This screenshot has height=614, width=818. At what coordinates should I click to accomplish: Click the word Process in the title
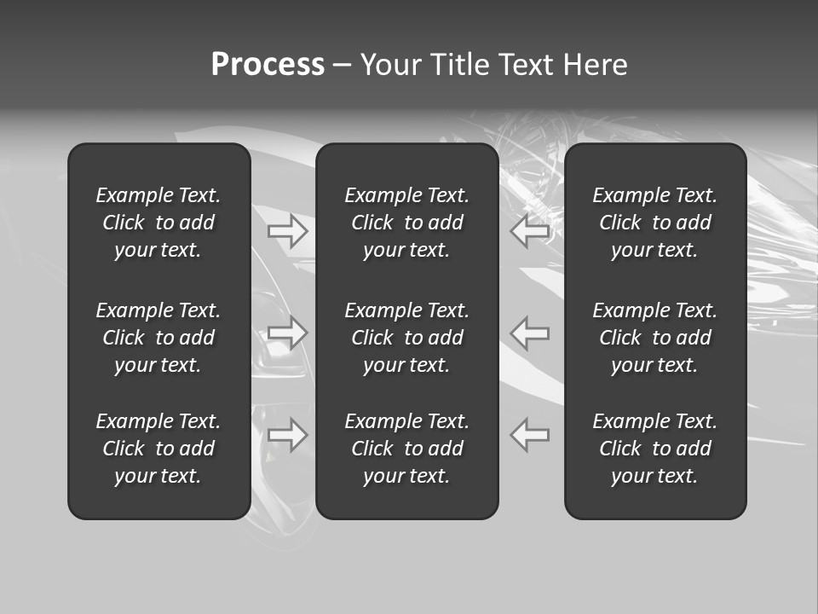click(x=268, y=65)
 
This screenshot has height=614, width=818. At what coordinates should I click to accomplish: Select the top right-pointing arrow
click(x=288, y=230)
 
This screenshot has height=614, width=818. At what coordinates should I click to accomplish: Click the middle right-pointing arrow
click(x=288, y=333)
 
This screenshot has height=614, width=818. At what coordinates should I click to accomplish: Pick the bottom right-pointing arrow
click(x=288, y=435)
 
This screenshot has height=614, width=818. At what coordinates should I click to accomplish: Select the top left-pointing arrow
click(x=530, y=230)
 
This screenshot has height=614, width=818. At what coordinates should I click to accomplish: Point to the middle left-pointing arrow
click(x=530, y=333)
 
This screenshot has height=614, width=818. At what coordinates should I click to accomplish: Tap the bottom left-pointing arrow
click(x=530, y=435)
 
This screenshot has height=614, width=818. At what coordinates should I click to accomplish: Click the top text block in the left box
click(x=158, y=223)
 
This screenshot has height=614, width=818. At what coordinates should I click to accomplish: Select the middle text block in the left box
click(x=158, y=338)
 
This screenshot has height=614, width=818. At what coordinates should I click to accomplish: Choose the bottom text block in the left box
click(x=158, y=449)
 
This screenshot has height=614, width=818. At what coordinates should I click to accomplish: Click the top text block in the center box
click(x=407, y=223)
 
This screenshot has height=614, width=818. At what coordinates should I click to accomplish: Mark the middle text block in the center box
click(x=407, y=338)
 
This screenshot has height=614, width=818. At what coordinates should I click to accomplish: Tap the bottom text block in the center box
click(x=407, y=449)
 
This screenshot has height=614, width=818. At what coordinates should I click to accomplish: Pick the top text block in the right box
click(x=655, y=223)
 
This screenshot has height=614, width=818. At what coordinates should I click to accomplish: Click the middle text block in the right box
click(x=655, y=338)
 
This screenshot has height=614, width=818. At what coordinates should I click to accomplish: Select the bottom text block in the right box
click(x=655, y=449)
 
